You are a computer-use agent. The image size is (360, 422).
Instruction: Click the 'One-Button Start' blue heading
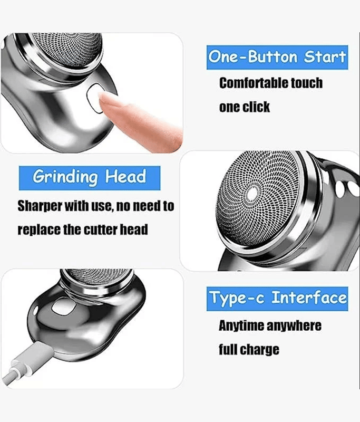[x=277, y=57]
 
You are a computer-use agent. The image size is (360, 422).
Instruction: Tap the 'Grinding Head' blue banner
[x=90, y=178]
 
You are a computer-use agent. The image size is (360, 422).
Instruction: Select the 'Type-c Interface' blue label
[x=277, y=299]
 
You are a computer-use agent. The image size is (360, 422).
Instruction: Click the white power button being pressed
[x=94, y=98]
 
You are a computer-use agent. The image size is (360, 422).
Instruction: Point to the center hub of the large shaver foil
[x=252, y=194]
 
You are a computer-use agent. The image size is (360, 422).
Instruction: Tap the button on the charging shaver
[x=63, y=307]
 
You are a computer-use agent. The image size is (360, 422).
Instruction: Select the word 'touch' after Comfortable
[x=303, y=83]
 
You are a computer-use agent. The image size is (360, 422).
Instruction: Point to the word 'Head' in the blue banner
[x=125, y=177]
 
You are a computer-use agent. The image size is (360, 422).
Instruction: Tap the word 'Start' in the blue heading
[x=325, y=57]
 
